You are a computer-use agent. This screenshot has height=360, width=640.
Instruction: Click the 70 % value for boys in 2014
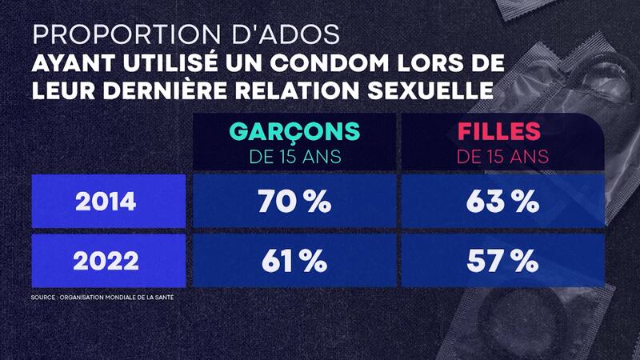(x=294, y=202)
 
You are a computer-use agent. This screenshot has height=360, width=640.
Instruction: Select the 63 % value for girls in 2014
(x=502, y=202)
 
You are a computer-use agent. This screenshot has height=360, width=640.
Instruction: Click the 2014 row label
(x=105, y=202)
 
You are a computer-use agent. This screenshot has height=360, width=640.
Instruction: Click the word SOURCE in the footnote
(x=45, y=298)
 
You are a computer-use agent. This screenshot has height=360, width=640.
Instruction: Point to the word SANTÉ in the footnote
(x=164, y=298)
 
